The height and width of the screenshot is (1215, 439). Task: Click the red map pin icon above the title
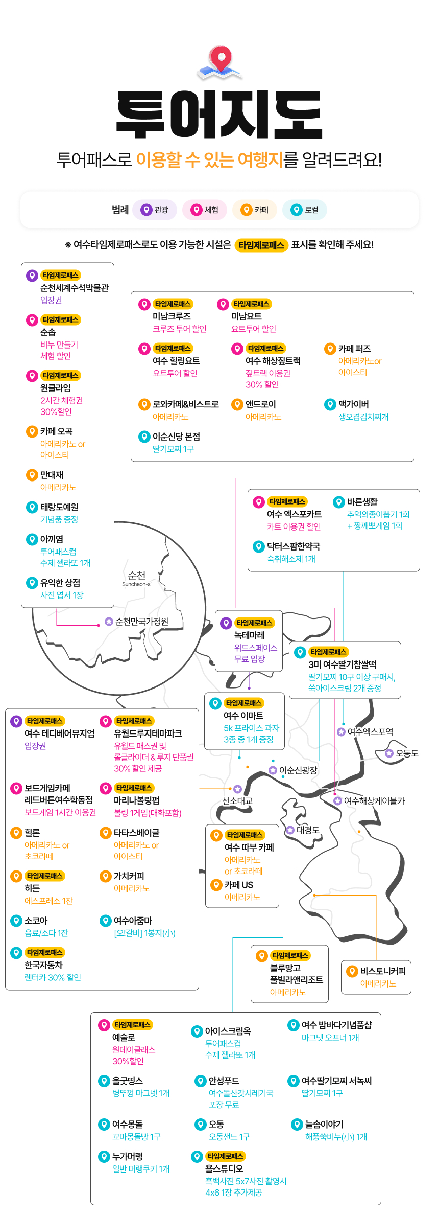(x=220, y=60)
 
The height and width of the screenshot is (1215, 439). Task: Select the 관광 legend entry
(x=155, y=210)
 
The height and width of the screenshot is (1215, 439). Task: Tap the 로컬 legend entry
(x=305, y=210)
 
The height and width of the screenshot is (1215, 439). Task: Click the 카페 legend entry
(x=255, y=210)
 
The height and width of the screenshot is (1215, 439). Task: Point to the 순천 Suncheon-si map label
(x=137, y=578)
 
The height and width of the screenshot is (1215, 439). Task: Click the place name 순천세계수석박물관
(x=75, y=288)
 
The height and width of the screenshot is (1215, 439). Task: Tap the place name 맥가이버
(x=354, y=404)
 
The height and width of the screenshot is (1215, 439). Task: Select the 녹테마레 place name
(x=250, y=635)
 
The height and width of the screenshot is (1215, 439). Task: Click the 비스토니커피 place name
(x=383, y=971)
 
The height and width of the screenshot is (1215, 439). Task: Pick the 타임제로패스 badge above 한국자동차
(x=45, y=952)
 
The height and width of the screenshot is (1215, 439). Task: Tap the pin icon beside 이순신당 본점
(x=144, y=437)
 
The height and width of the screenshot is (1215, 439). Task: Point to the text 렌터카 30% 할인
(x=53, y=977)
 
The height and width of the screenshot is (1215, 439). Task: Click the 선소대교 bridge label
(x=237, y=801)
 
